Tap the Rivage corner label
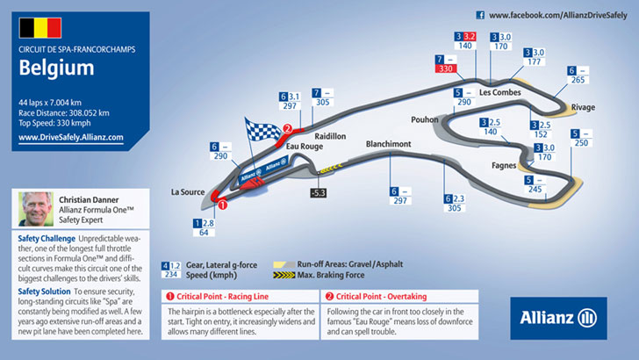(582, 107)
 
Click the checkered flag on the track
(262, 137)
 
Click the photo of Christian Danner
(35, 211)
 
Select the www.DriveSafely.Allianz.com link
(70, 138)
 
